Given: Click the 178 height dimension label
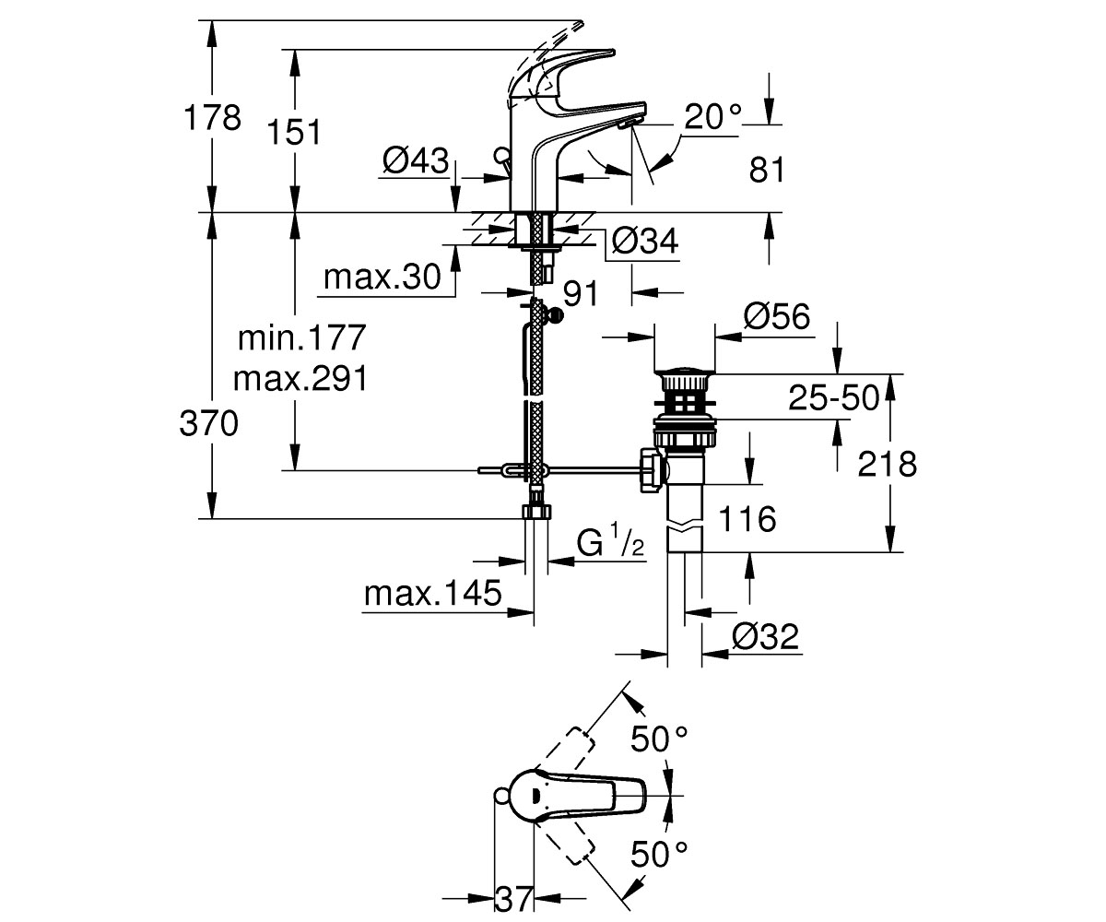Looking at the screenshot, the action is pos(212,118).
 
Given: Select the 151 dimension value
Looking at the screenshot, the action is pos(295,132).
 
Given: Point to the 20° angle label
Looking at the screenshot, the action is pos(712,116).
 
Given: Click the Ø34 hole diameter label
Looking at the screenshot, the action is pos(644,242).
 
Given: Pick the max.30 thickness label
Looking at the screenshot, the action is pos(382,277).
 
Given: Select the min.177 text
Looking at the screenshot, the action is pos(302,337).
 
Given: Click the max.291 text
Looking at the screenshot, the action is pos(300,379).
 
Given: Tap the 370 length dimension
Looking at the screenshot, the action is pos(208,424).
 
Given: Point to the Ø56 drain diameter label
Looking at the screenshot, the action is pos(777,316).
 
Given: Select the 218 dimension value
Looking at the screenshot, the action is pos(887,464).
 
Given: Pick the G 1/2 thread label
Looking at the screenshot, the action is pos(610,540).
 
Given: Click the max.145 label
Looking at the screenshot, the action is pos(433,593).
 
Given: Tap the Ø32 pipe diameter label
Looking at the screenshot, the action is pos(765,636).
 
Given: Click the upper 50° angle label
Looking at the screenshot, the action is pos(659,739).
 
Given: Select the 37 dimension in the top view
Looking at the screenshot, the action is pos(513,898).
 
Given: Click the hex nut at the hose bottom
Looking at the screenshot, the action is pos(536,512).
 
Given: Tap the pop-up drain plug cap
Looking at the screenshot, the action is pos(685,371).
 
